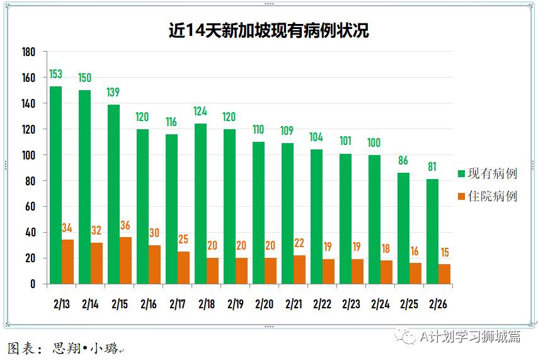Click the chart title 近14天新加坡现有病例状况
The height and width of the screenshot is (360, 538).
coord(268,30)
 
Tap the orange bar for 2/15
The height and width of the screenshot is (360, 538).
coord(126,260)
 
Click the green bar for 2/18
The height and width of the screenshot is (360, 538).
coord(200,204)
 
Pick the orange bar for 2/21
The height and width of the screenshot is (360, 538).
coord(300,269)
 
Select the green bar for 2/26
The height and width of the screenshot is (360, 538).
coord(432,231)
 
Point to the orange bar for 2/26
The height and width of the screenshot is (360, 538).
coord(444,274)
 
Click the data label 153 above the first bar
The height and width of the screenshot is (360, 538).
coord(56,75)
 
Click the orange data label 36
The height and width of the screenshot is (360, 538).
coord(126,226)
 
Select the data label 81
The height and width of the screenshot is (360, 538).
coord(432,168)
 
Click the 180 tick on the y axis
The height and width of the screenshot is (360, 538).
coord(28,52)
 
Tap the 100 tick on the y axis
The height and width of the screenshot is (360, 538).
coord(28,155)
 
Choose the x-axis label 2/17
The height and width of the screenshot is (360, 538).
coord(178,304)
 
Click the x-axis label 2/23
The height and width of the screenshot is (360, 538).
coord(352,304)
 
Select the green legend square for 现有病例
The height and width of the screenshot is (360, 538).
coord(461,173)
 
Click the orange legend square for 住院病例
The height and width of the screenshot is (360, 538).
coord(461,196)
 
